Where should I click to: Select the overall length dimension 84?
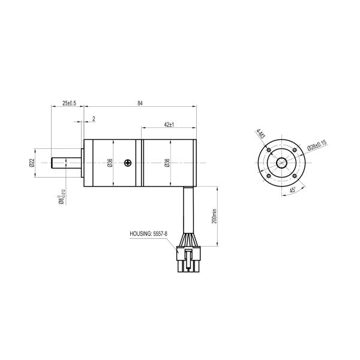click(140, 103)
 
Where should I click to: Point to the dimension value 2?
click(94, 119)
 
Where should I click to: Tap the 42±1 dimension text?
click(169, 124)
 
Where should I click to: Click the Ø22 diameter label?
click(32, 163)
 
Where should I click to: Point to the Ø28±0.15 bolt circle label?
click(316, 145)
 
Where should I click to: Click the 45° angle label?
click(293, 190)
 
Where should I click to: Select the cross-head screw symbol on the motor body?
click(127, 163)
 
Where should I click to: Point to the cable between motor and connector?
click(188, 216)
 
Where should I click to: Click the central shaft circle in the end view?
click(282, 163)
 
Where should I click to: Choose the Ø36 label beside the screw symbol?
click(110, 163)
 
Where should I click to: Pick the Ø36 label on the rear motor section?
click(167, 163)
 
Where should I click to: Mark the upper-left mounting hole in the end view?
click(269, 149)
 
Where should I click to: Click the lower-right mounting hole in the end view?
click(295, 176)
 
